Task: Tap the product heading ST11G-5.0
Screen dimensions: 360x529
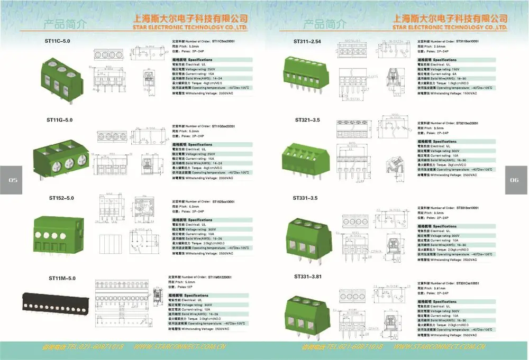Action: tap(59, 120)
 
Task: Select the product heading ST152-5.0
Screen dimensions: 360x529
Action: tap(61, 198)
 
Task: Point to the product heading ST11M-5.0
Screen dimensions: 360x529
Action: tap(62, 278)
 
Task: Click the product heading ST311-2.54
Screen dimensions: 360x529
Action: tap(307, 41)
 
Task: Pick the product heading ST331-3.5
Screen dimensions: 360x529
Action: tap(306, 198)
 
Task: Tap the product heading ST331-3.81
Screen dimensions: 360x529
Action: tap(308, 276)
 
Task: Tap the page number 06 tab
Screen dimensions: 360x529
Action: tap(515, 180)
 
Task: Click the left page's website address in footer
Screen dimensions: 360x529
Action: tap(179, 347)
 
